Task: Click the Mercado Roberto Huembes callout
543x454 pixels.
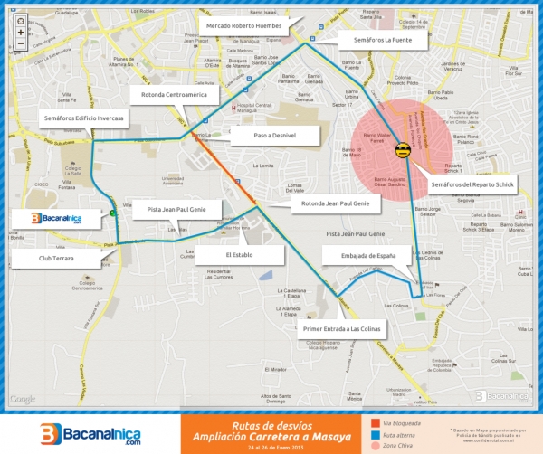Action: [x=244, y=26]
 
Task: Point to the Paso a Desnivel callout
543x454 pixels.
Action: [x=275, y=136]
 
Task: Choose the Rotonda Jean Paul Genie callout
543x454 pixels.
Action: [x=336, y=204]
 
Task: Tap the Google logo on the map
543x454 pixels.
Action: [x=23, y=399]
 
